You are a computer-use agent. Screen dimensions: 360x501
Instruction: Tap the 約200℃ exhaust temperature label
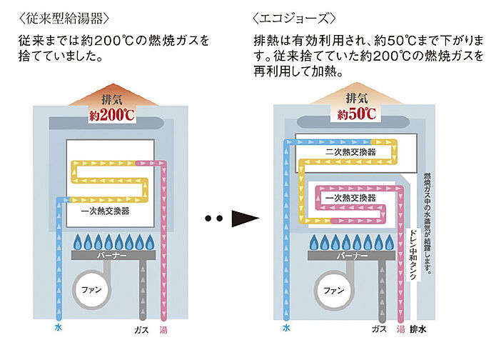coord(111,114)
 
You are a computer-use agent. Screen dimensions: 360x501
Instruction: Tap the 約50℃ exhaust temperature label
coord(351,114)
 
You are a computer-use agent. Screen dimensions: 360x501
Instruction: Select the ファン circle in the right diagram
coord(330,291)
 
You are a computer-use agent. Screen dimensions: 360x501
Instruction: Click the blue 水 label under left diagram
coord(58,328)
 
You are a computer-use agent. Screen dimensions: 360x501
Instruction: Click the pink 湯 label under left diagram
coord(165,329)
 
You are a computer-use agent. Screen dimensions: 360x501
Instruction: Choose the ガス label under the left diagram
coord(141,329)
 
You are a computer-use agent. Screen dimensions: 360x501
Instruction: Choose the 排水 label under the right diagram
coord(419,329)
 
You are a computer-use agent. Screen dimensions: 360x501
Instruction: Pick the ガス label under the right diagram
coord(379,329)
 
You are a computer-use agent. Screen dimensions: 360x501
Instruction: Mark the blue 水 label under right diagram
coord(286,328)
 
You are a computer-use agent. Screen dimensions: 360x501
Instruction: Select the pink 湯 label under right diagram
coord(400,329)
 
